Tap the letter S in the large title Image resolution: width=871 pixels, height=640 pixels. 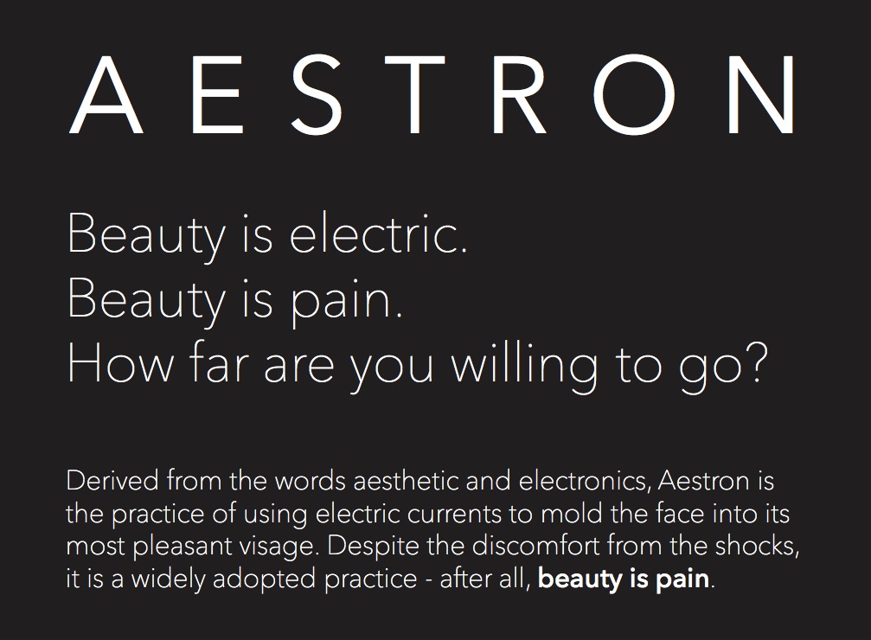pyautogui.click(x=317, y=94)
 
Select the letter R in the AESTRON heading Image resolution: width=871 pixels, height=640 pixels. pyautogui.click(x=519, y=94)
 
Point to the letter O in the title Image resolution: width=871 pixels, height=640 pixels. pyautogui.click(x=636, y=94)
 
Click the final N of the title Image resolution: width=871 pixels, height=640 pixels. pyautogui.click(x=761, y=94)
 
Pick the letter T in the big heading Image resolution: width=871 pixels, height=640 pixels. pyautogui.click(x=414, y=94)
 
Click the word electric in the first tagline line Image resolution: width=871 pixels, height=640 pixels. pyautogui.click(x=378, y=234)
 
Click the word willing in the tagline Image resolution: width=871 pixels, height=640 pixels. pyautogui.click(x=524, y=367)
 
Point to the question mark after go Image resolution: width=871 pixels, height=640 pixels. pyautogui.click(x=755, y=362)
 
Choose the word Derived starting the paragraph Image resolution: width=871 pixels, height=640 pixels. pyautogui.click(x=112, y=480)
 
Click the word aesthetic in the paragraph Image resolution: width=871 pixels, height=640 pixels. pyautogui.click(x=406, y=480)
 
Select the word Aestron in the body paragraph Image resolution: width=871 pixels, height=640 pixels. pyautogui.click(x=703, y=480)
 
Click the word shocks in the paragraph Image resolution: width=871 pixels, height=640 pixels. pyautogui.click(x=757, y=547)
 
